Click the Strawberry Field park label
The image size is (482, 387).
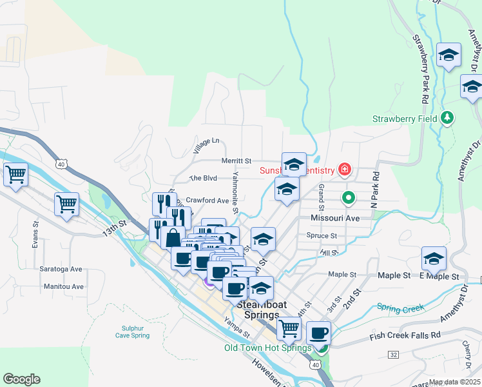click(405, 119)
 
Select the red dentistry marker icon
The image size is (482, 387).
click(345, 170)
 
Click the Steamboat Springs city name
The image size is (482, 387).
click(258, 310)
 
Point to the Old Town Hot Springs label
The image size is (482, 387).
click(267, 348)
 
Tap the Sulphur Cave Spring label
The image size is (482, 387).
click(131, 332)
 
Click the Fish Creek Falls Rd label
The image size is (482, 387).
click(405, 336)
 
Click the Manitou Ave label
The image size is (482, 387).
click(64, 286)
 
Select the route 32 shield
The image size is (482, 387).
click(393, 355)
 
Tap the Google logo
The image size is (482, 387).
click(21, 379)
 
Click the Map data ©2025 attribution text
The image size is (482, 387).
click(455, 382)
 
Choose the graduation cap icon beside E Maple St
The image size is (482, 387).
click(434, 259)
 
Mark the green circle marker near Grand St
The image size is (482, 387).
click(349, 197)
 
